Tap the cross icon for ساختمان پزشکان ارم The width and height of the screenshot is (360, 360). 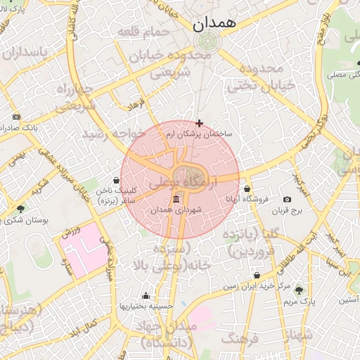point(200,123)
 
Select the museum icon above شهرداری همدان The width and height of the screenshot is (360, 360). point(176,200)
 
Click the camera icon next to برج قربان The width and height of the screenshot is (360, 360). point(287,200)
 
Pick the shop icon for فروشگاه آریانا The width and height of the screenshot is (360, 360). point(247,188)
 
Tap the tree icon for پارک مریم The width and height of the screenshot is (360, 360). point(299,290)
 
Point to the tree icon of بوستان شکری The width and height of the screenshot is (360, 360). point(20,209)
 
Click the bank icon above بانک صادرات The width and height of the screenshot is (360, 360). point(17,117)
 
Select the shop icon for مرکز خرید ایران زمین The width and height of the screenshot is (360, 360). point(257,275)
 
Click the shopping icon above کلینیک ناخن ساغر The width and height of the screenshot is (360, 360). point(117,180)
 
